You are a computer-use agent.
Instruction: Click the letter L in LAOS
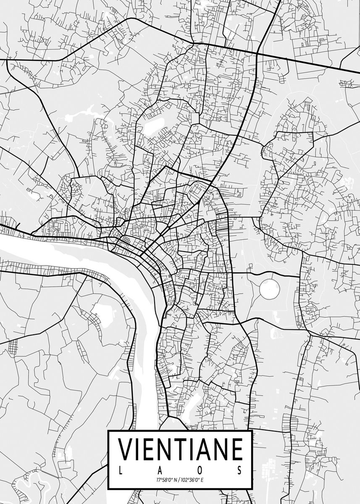click(121, 470)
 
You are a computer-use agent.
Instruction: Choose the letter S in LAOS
click(239, 470)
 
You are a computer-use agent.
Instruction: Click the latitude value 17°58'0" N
click(166, 480)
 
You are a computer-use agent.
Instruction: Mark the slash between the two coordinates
click(179, 480)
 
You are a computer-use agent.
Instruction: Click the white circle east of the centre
click(269, 289)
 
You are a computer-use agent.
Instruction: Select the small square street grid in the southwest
click(13, 346)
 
